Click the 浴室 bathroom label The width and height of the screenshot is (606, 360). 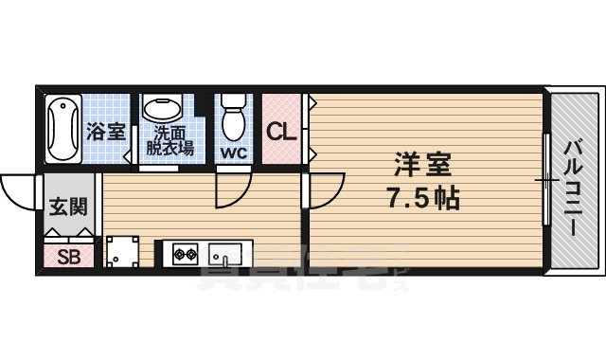[106, 133]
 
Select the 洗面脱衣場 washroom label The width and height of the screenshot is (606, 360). [170, 141]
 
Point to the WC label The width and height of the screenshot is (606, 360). [233, 151]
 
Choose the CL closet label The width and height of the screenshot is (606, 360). [280, 132]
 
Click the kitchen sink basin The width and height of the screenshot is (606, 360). [226, 254]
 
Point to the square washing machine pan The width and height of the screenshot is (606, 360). [122, 253]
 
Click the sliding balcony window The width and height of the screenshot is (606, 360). [546, 180]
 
